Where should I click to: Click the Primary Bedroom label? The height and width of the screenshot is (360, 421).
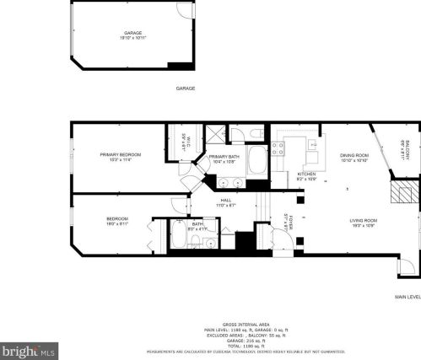pos(120,155)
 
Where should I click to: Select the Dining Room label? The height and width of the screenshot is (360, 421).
pos(354,155)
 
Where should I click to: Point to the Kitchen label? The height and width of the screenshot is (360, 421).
pos(305,175)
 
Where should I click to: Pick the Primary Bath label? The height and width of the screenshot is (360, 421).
pos(224,157)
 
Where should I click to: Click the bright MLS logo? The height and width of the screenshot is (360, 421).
pos(28,348)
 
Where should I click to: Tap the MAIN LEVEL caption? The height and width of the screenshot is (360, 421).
pos(407,297)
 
